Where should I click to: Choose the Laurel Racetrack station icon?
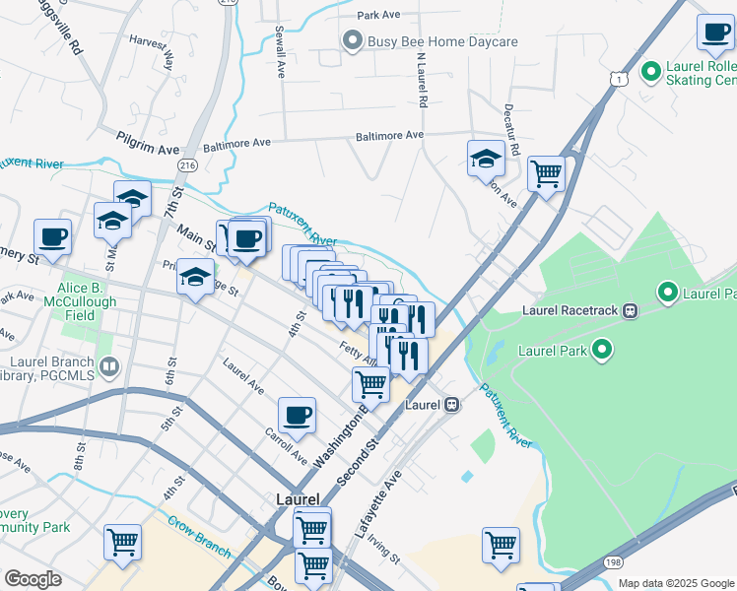(x=630, y=310)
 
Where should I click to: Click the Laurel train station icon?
(x=451, y=404)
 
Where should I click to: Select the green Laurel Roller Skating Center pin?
(x=650, y=72)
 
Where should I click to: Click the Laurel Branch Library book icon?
(x=109, y=366)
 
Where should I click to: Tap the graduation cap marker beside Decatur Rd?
(x=487, y=159)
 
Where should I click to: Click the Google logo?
(x=33, y=579)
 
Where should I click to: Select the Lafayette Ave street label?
(x=379, y=508)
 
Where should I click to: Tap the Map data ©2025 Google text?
(x=675, y=583)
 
